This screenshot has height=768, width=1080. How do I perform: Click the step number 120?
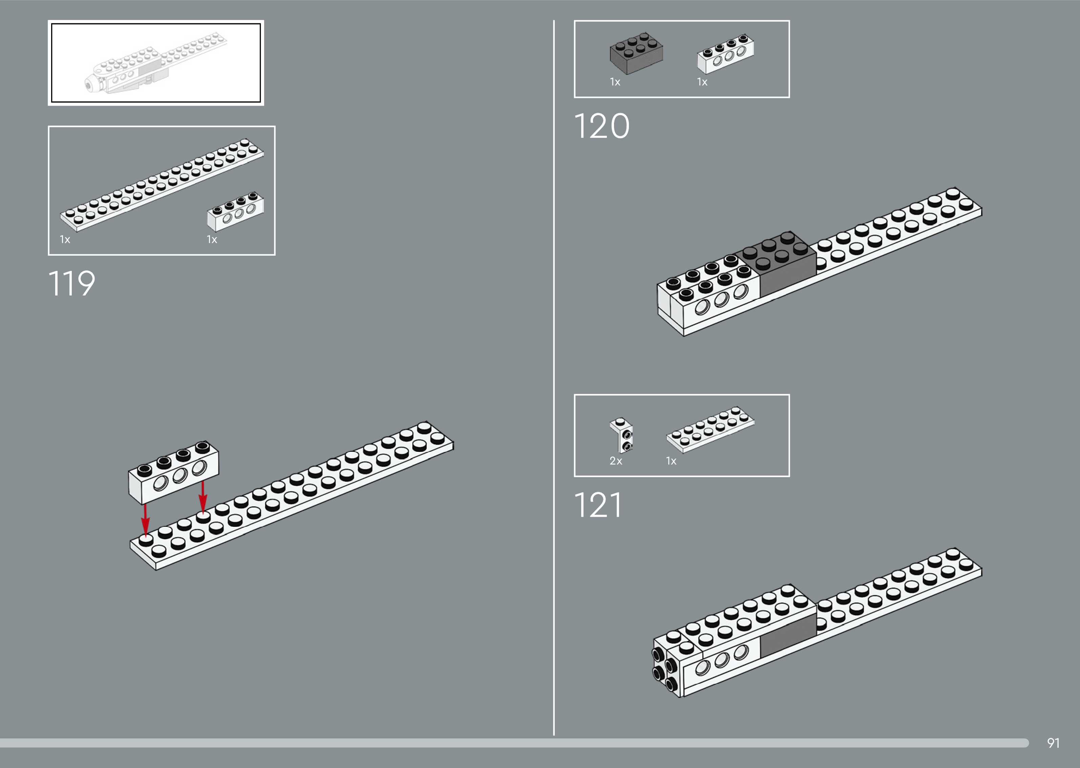click(601, 126)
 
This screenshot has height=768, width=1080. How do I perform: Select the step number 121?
click(598, 505)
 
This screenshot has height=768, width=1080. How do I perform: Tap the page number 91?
click(1053, 743)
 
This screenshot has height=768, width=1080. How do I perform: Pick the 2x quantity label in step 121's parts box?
click(616, 461)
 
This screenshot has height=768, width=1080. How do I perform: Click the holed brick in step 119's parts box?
click(235, 211)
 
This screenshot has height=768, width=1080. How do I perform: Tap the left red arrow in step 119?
click(145, 519)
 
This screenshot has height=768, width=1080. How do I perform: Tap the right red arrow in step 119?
click(203, 496)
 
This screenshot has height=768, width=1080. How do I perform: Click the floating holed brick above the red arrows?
click(173, 472)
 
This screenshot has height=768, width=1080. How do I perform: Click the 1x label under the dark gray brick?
click(615, 82)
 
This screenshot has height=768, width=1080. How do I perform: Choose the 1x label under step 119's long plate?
click(65, 239)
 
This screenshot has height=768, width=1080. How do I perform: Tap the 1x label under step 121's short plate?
click(671, 461)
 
